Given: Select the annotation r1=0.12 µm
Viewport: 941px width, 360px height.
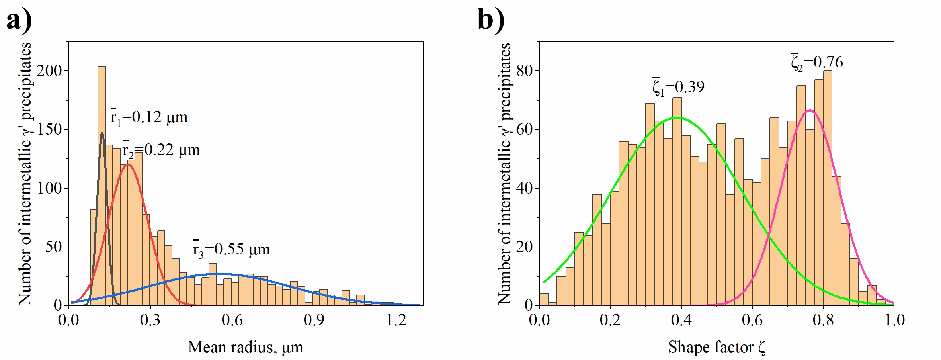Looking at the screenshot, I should tap(149, 117).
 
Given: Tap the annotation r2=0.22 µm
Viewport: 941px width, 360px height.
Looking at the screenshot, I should tap(161, 150).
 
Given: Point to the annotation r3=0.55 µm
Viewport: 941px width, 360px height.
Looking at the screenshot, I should tap(231, 249).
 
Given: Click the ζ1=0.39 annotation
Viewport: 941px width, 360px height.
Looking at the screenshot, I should tap(678, 87).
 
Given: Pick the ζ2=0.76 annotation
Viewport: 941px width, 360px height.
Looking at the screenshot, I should tap(817, 62).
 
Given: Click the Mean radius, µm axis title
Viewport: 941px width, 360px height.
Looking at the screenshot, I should tap(245, 347).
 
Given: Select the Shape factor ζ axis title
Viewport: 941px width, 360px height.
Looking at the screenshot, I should tap(716, 347).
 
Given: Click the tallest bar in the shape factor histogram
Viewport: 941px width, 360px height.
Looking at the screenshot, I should tap(827, 187).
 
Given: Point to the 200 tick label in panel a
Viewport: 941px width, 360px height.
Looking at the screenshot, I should tap(49, 71).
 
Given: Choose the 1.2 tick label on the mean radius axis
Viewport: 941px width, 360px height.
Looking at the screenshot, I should tap(396, 320).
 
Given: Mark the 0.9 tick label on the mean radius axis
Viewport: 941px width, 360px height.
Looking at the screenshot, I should tap(314, 320).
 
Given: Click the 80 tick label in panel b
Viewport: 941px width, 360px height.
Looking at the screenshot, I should tap(524, 71).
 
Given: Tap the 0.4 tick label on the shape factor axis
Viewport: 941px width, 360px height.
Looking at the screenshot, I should tap(681, 320).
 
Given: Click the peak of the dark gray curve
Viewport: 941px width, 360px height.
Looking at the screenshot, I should tap(102, 133).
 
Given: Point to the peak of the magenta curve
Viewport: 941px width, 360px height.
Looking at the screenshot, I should tap(810, 110).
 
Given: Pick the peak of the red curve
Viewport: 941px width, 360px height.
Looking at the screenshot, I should tap(127, 164).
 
